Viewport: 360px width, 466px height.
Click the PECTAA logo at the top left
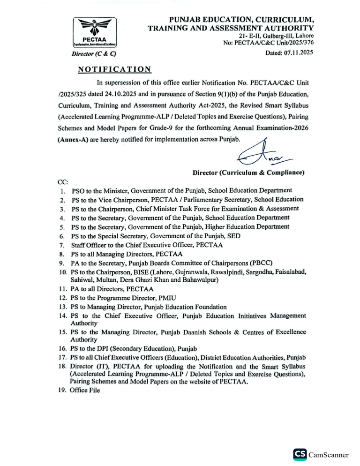point(94,32)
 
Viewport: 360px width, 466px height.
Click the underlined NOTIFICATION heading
point(114,70)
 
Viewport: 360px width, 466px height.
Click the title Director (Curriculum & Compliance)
point(248,173)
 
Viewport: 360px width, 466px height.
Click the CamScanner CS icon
point(300,454)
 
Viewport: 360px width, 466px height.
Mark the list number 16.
point(63,349)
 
